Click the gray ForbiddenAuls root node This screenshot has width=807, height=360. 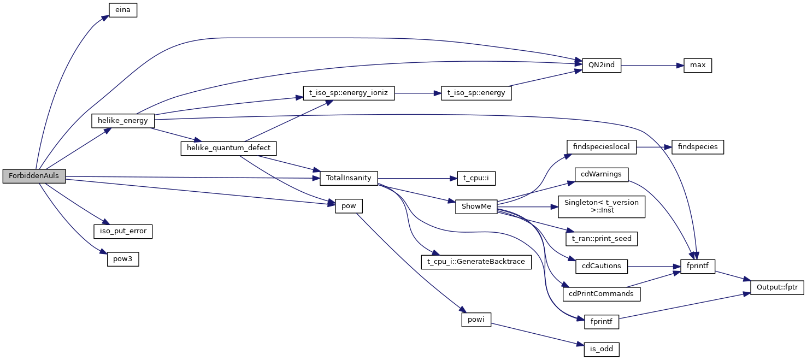(x=34, y=176)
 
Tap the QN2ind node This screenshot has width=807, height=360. (x=601, y=65)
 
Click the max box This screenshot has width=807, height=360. (x=698, y=65)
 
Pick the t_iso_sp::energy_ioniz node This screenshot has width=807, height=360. (x=348, y=93)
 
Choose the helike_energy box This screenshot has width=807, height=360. (x=122, y=120)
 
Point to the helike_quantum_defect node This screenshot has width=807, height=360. (x=229, y=148)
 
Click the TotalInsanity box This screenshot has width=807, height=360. (x=349, y=178)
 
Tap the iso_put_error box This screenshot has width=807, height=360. (x=123, y=231)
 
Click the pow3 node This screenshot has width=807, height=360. (x=122, y=259)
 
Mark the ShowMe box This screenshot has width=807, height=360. (x=476, y=207)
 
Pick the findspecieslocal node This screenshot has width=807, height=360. (x=602, y=146)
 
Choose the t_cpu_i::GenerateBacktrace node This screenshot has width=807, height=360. (x=476, y=262)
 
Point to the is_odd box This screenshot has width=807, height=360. (x=601, y=349)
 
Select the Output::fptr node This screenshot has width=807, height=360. (x=776, y=287)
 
